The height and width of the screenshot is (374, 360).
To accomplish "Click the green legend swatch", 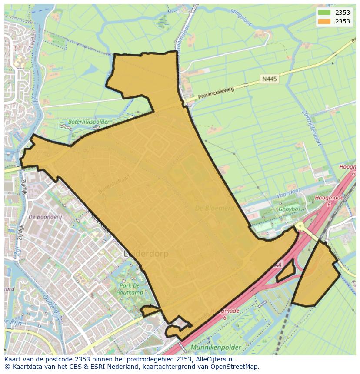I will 324,13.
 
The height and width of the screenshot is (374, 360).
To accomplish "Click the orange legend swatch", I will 324,21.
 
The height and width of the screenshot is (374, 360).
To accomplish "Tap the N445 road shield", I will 269,79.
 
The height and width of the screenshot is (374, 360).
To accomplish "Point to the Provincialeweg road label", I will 216,93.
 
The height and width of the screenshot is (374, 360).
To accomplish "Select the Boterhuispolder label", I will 88,122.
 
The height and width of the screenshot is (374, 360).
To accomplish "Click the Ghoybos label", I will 290,209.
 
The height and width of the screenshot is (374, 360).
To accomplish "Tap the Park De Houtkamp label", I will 130,289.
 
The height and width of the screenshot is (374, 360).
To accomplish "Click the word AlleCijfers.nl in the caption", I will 215,359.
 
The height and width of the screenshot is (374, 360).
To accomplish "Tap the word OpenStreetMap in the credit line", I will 234,367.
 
